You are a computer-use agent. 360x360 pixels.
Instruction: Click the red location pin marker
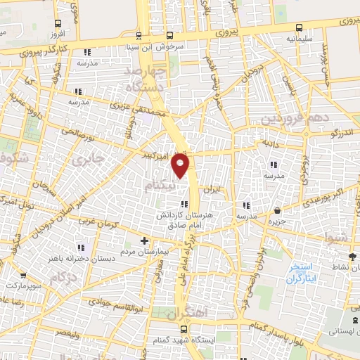point(181,165)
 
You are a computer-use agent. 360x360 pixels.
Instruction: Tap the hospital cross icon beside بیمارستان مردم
point(144,240)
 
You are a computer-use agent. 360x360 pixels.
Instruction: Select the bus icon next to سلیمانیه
point(300,28)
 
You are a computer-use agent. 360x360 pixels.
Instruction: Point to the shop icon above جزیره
point(278,210)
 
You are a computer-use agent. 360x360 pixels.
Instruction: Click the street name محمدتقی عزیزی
point(138,109)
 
